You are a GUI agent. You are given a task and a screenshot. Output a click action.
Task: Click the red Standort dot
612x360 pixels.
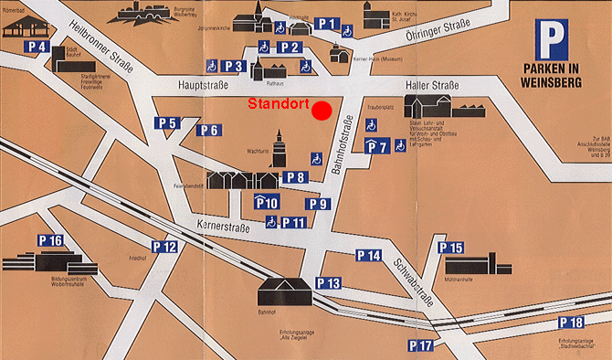[x=321, y=111]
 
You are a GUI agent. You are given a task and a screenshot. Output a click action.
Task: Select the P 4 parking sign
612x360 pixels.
[x=37, y=46]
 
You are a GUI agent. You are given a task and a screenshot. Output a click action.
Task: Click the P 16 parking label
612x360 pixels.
[x=51, y=241]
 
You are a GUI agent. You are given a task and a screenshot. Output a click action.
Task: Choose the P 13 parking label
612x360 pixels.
[x=328, y=284]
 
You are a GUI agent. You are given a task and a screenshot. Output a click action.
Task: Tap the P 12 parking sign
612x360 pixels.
[x=164, y=247]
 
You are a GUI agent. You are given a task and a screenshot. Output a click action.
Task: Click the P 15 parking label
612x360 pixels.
[x=451, y=248]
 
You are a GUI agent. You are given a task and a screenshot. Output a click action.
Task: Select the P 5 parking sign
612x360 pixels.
[x=167, y=123]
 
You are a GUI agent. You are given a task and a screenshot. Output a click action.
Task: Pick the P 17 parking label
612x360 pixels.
[x=420, y=345]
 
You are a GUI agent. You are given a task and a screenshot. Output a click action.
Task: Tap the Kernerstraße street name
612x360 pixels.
[x=224, y=224]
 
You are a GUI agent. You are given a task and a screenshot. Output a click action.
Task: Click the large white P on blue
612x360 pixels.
[x=554, y=39]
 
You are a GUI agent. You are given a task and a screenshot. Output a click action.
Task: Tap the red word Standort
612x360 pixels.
[x=278, y=103]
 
